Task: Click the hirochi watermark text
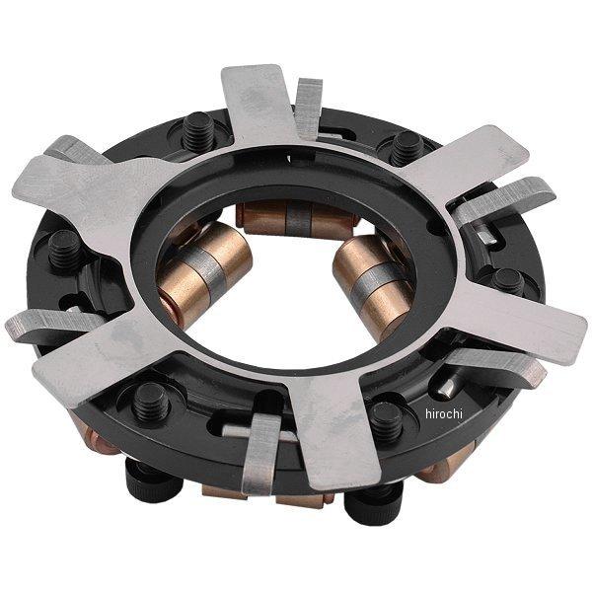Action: coord(444,414)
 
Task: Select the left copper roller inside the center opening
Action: coord(203,272)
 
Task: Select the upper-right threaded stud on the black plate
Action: coord(407,148)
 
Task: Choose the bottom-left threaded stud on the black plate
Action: coord(151,403)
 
